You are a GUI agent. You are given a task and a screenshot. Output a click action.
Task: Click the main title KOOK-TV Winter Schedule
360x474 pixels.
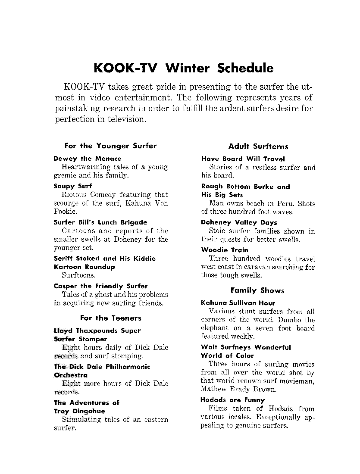pyautogui.click(x=183, y=68)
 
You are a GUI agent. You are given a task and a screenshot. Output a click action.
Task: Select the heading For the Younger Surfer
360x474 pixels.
pyautogui.click(x=110, y=146)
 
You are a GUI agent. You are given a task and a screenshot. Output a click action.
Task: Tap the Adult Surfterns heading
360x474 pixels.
pyautogui.click(x=258, y=146)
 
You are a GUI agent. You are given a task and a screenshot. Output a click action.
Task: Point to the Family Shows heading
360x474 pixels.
pyautogui.click(x=257, y=290)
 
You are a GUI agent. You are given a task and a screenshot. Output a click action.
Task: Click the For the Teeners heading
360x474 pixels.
pyautogui.click(x=111, y=318)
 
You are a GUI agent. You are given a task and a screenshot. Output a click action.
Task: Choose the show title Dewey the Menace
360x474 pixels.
pyautogui.click(x=88, y=159)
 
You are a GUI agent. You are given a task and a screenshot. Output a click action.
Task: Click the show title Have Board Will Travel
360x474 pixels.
pyautogui.click(x=243, y=159)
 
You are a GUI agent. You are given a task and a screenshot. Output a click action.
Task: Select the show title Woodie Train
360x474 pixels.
pyautogui.click(x=225, y=250)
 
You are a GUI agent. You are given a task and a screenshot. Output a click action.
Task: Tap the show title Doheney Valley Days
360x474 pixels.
pyautogui.click(x=239, y=222)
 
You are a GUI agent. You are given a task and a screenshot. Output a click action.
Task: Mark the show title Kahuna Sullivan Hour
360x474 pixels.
pyautogui.click(x=238, y=303)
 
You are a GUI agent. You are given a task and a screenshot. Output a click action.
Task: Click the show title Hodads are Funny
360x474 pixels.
pyautogui.click(x=233, y=400)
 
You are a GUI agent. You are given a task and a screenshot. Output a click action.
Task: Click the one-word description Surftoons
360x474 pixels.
pyautogui.click(x=79, y=275)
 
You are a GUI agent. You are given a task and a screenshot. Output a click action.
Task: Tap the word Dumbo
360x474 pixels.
pyautogui.click(x=290, y=320)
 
